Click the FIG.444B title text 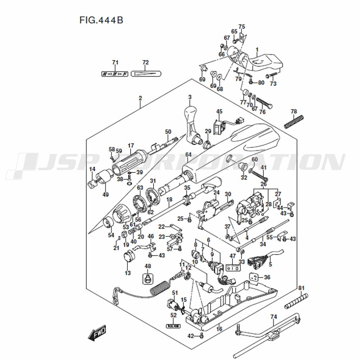101,20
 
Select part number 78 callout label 294,111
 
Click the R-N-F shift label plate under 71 115,74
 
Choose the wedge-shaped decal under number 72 145,74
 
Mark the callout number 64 188,154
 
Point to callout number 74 274,317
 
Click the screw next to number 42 201,336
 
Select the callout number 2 140,98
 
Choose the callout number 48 148,266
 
